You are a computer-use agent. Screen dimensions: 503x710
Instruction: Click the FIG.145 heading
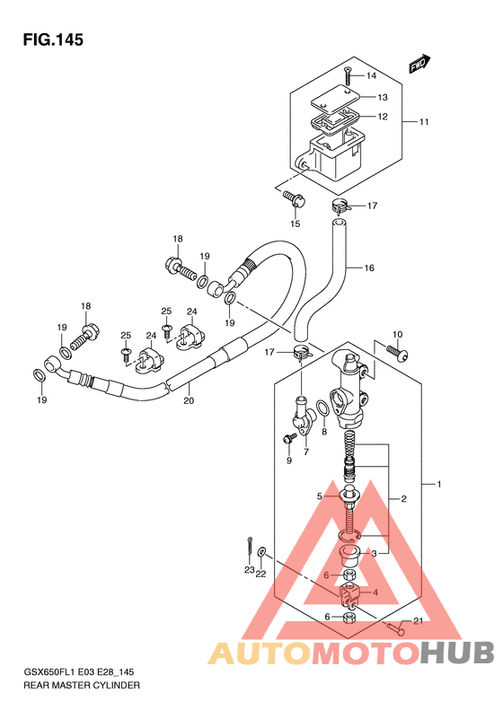point(53,39)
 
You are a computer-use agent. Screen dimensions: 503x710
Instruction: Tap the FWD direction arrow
point(419,64)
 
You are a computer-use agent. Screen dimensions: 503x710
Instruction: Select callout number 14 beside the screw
point(371,75)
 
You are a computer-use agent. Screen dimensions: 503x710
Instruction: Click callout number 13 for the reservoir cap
point(383,97)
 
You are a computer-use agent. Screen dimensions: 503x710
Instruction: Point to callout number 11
point(424,122)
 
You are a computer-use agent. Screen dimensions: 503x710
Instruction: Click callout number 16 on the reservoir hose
point(369,268)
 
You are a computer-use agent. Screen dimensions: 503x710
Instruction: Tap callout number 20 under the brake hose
point(189,400)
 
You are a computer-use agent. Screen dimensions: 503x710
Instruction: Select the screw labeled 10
point(397,352)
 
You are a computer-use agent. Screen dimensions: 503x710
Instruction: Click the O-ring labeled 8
point(322,408)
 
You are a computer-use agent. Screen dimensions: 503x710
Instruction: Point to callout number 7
point(306,451)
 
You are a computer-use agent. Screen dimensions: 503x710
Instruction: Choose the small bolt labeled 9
point(289,438)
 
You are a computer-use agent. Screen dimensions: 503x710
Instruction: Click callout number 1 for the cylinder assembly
point(439,485)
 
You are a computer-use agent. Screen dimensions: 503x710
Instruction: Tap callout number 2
point(404,499)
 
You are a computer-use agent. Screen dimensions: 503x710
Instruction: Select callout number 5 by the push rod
point(320,496)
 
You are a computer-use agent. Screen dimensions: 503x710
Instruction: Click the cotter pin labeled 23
point(250,547)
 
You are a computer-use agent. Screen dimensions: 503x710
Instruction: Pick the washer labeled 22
point(262,553)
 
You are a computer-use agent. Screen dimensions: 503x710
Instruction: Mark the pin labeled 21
point(395,627)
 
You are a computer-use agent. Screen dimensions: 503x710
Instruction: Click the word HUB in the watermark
point(456,653)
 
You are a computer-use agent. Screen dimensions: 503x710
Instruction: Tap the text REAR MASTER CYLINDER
point(82,685)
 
